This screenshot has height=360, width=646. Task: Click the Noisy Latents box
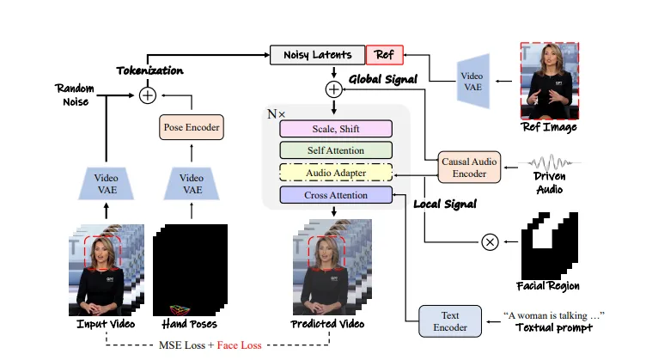[x=317, y=55]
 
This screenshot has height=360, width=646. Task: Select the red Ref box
[x=384, y=55]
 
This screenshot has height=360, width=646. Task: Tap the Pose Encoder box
[x=192, y=127]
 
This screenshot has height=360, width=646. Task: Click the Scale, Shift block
[x=336, y=129]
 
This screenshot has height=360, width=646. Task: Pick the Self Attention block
[x=336, y=150]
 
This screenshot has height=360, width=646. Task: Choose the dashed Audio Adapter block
[x=336, y=173]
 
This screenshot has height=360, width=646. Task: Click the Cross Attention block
[x=336, y=195]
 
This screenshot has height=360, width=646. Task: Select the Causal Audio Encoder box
[x=469, y=168]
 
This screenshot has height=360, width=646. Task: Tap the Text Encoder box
[x=450, y=321]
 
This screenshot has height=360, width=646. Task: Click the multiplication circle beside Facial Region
[x=490, y=241]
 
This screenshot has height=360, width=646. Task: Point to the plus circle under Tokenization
[x=148, y=95]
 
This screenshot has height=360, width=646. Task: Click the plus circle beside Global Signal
[x=333, y=89]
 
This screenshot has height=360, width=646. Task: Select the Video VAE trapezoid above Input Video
[x=107, y=184]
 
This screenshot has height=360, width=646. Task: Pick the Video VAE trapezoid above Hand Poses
[x=192, y=184]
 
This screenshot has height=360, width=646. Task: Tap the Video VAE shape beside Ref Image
[x=473, y=81]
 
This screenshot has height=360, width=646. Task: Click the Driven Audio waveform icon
[x=550, y=162]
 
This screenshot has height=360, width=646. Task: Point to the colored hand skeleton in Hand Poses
[x=180, y=310]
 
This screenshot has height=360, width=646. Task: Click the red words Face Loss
[x=239, y=345]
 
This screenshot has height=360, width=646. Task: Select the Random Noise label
[x=75, y=95]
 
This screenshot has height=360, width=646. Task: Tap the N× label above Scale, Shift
[x=276, y=114]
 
